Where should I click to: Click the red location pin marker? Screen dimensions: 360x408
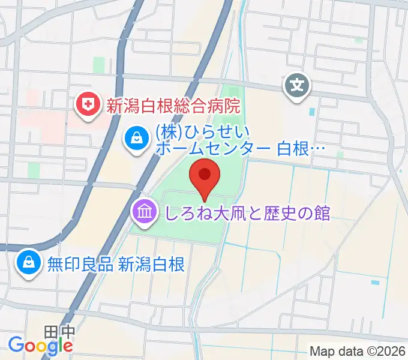tap(204, 176)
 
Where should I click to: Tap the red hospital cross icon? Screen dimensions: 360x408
tap(88, 106)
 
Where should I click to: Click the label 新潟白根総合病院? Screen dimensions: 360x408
tap(173, 107)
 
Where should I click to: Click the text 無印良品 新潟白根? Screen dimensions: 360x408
tap(116, 263)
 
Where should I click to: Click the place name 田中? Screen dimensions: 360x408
tap(59, 331)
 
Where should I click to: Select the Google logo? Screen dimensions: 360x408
tap(40, 345)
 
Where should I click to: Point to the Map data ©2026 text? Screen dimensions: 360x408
tap(358, 350)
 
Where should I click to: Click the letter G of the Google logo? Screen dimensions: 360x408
tap(16, 344)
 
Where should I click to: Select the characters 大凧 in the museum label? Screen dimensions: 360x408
tap(216, 212)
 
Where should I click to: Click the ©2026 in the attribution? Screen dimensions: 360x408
tap(384, 350)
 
